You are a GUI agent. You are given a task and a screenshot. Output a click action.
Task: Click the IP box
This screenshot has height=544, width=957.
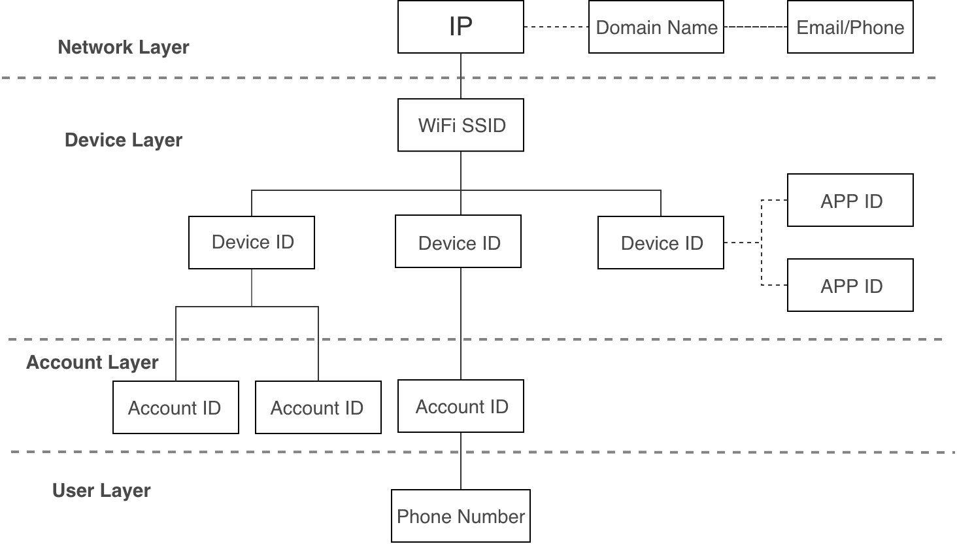pyautogui.click(x=461, y=27)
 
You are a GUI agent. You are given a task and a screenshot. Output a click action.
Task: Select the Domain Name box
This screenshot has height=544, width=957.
pyautogui.click(x=656, y=27)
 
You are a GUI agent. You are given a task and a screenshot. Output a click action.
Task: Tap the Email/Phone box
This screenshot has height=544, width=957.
pyautogui.click(x=850, y=27)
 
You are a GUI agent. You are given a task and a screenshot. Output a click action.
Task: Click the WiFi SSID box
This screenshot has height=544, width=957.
pyautogui.click(x=461, y=125)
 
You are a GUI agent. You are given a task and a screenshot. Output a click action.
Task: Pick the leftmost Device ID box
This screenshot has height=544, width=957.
pyautogui.click(x=252, y=243)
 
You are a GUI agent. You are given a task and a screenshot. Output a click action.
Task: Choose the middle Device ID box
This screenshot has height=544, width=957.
pyautogui.click(x=458, y=242)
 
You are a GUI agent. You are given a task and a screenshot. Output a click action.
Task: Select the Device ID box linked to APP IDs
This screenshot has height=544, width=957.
pyautogui.click(x=661, y=243)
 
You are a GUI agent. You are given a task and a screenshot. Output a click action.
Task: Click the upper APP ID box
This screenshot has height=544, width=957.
pyautogui.click(x=850, y=200)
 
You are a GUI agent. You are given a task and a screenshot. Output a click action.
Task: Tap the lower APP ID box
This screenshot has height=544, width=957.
pyautogui.click(x=850, y=285)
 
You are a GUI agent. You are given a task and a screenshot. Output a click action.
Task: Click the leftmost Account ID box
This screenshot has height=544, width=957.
pyautogui.click(x=176, y=407)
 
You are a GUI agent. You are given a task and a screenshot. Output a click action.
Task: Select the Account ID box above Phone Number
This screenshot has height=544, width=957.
pyautogui.click(x=461, y=406)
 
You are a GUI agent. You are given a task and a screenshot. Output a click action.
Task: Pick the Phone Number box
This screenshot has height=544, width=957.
pyautogui.click(x=461, y=516)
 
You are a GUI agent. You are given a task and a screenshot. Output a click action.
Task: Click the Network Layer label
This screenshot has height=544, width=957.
pyautogui.click(x=124, y=47)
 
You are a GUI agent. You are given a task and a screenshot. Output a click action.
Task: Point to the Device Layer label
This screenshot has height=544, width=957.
pyautogui.click(x=124, y=140)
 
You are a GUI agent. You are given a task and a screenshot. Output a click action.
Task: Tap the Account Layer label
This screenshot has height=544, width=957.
pyautogui.click(x=92, y=362)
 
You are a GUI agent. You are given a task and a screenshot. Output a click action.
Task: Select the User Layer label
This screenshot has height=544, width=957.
pyautogui.click(x=101, y=490)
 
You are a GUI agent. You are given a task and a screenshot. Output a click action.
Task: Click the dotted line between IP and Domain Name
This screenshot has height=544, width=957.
pyautogui.click(x=556, y=27)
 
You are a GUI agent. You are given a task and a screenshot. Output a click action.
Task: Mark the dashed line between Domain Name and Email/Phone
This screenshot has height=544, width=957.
pyautogui.click(x=756, y=27)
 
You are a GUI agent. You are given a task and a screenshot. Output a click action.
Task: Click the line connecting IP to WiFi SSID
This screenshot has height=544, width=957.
pyautogui.click(x=461, y=76)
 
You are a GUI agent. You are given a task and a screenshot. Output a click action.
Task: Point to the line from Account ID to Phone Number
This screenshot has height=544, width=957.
pyautogui.click(x=461, y=461)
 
